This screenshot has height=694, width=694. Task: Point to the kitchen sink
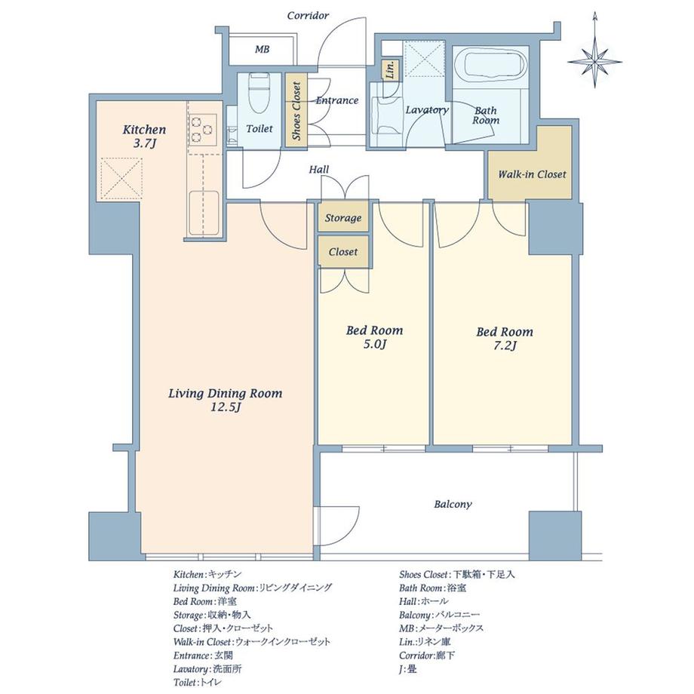pos(204,213)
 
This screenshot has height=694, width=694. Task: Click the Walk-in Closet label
pos(532,174)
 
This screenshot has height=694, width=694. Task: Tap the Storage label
pos(343,218)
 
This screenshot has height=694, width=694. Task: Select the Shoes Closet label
pos(296,111)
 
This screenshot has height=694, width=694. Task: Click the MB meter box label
pos(262,49)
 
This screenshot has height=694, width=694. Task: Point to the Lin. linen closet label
pos(391,70)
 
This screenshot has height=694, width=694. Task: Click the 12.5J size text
pos(226,407)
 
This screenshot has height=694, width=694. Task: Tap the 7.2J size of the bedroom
pos(505,345)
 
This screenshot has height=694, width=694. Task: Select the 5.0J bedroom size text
pos(375,344)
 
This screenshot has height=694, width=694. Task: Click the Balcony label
pos(453,504)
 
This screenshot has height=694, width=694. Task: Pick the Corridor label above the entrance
pos(308,16)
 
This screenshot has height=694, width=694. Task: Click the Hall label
pos(319,170)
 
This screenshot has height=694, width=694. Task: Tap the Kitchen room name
pos(144,130)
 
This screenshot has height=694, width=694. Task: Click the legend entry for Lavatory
pos(207,669)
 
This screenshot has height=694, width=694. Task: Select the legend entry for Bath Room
pos(432,588)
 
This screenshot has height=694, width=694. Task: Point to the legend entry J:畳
pos(407,669)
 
